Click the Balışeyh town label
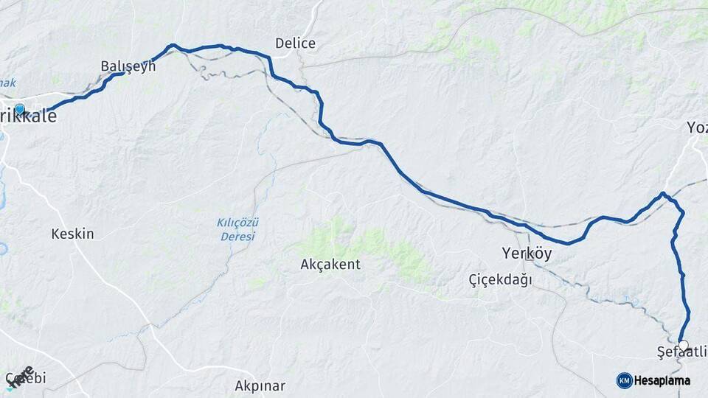(x=128, y=66)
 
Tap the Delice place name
(x=295, y=43)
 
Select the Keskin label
(x=72, y=234)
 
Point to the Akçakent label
(x=330, y=264)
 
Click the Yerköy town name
(x=527, y=254)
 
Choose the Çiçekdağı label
(x=500, y=280)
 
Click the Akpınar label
(x=260, y=385)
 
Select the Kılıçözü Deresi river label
(x=237, y=229)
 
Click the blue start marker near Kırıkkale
(x=19, y=110)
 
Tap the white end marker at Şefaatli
(x=683, y=344)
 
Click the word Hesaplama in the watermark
(x=662, y=380)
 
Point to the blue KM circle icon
(x=624, y=380)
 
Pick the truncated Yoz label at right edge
(x=697, y=128)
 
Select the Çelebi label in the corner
(x=27, y=379)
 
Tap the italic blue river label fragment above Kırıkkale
(x=7, y=83)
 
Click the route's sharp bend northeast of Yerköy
(x=664, y=194)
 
